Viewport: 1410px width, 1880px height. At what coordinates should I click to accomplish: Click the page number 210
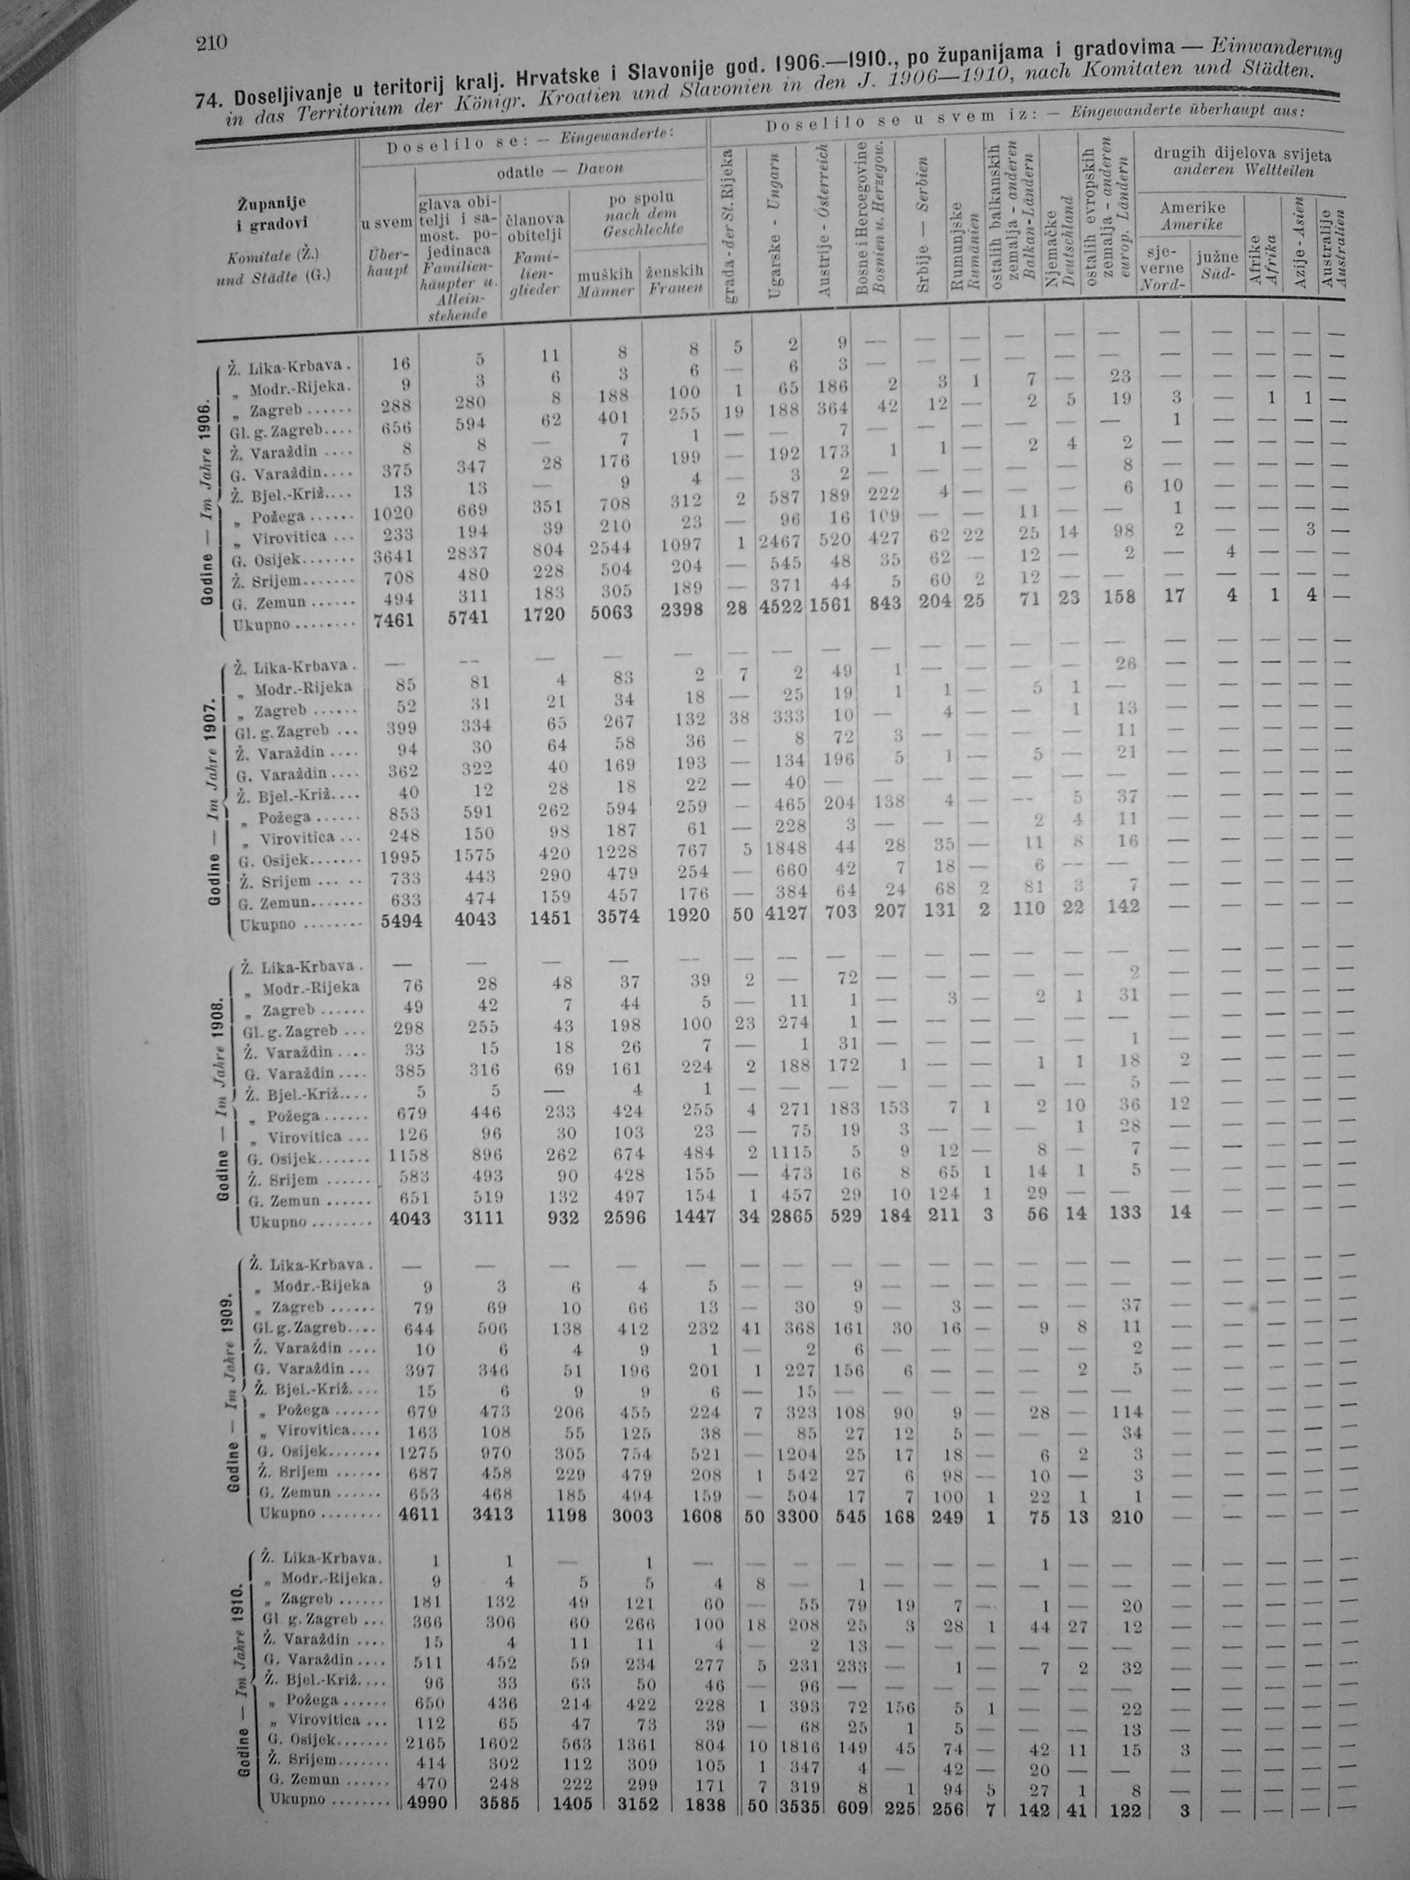[x=208, y=42]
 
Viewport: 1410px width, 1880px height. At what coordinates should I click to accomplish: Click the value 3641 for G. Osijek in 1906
[x=392, y=556]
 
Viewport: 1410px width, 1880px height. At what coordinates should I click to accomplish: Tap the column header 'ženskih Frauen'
[x=675, y=280]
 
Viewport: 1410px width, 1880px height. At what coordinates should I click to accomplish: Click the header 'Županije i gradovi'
[x=272, y=212]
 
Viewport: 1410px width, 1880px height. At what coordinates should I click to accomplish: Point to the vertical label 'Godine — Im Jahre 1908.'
[x=222, y=1097]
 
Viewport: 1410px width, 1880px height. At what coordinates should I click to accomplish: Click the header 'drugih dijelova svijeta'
[x=1242, y=156]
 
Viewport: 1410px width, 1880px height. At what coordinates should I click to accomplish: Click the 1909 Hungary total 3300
[x=796, y=1516]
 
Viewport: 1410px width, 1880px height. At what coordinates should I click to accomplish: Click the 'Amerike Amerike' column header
[x=1192, y=216]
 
